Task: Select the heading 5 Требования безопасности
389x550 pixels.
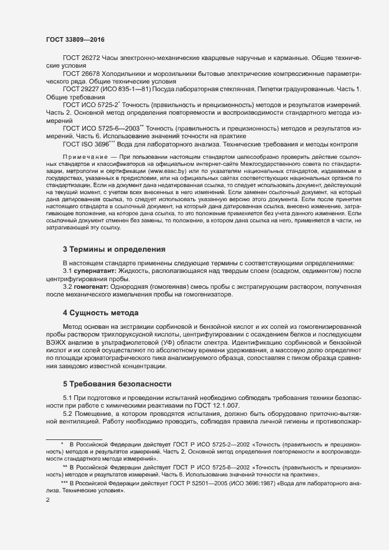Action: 117,384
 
